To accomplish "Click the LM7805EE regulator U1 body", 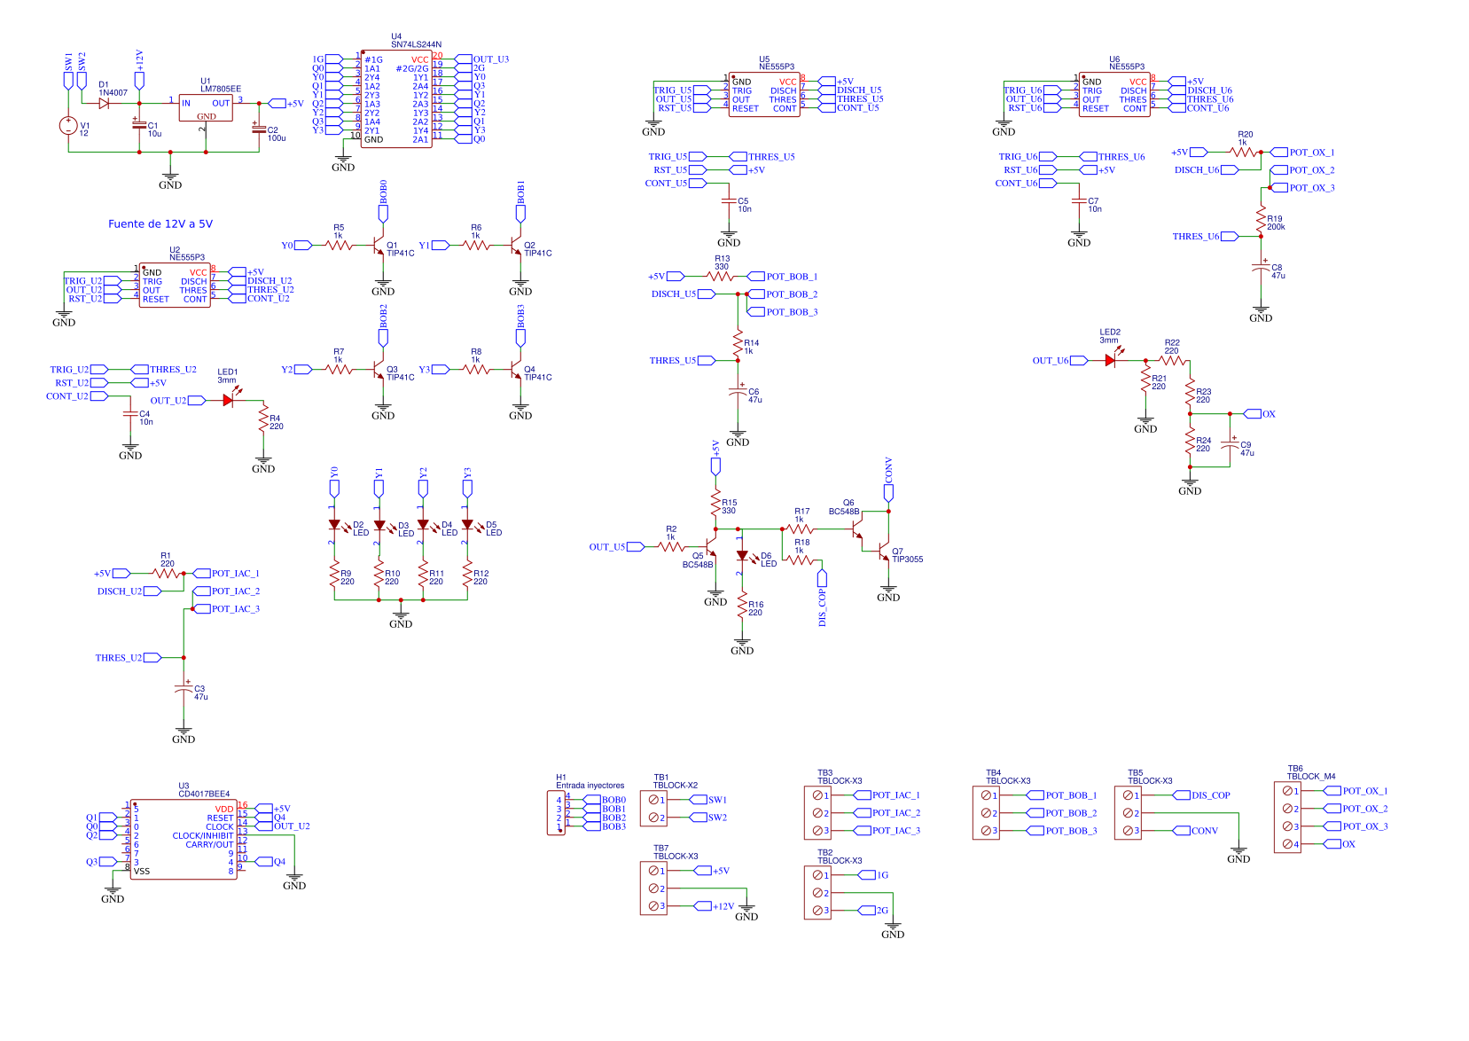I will click(x=206, y=108).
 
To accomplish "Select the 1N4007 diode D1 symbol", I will click(x=104, y=104).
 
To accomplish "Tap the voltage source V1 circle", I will click(x=68, y=126).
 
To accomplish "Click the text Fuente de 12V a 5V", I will click(x=160, y=224).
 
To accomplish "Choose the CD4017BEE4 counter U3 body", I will click(x=184, y=840).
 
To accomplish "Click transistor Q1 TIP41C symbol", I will click(x=379, y=246).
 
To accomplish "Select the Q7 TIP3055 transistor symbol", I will click(x=883, y=553).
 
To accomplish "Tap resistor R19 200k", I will click(x=1261, y=217).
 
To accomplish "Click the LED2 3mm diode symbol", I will click(x=1110, y=361).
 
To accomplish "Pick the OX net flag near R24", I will click(x=1253, y=414).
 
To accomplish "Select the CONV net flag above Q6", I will click(x=888, y=492).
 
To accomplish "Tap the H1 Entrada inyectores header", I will click(x=557, y=813).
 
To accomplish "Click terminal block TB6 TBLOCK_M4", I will click(x=1287, y=818).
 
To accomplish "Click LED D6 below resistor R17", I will click(x=742, y=556).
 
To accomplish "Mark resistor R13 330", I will click(x=722, y=277).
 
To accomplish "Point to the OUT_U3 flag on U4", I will click(x=465, y=59).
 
